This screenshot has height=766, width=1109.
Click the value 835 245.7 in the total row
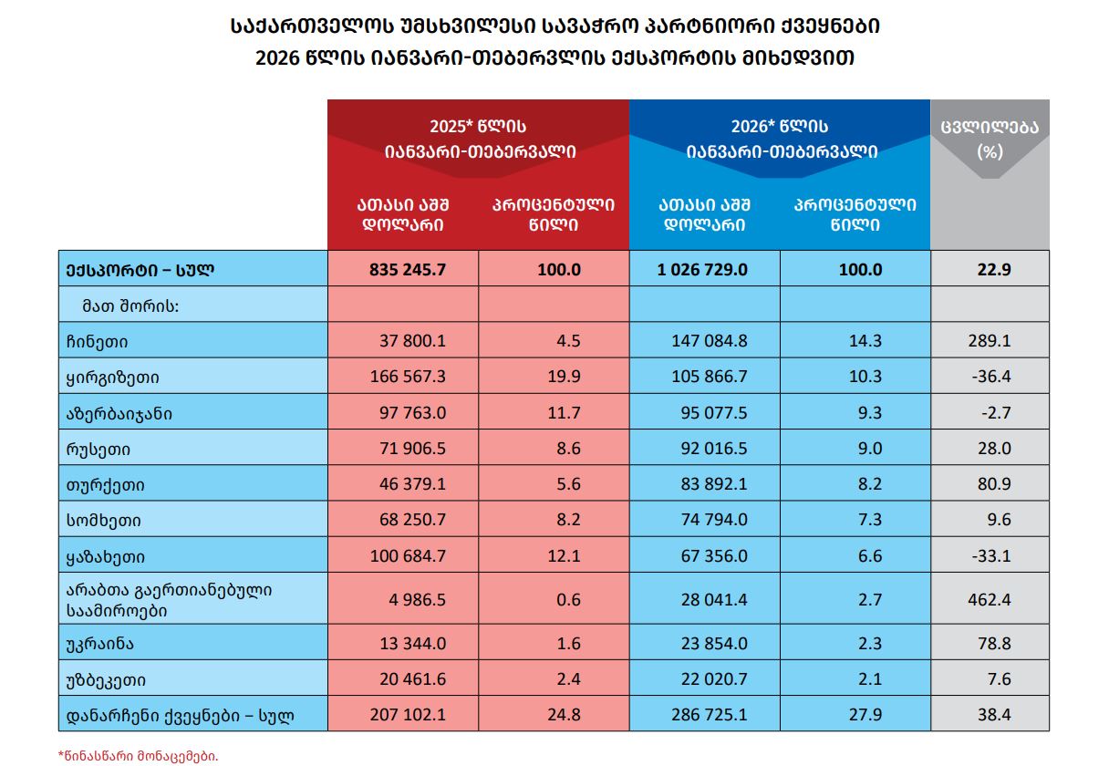tap(409, 270)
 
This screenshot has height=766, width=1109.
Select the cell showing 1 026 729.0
tap(702, 270)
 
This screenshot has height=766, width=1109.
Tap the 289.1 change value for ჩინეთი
tap(993, 342)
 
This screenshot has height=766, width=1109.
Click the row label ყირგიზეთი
tap(106, 378)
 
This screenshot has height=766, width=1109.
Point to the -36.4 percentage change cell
tap(993, 378)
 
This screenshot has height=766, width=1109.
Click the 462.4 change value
tap(993, 600)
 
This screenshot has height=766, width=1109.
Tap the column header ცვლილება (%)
tap(990, 139)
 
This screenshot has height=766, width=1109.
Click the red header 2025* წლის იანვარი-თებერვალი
tap(478, 139)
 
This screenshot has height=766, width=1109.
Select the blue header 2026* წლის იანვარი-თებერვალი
tap(779, 139)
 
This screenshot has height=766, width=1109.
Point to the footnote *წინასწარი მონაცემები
tap(139, 755)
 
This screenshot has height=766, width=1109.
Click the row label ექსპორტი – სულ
tap(139, 270)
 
